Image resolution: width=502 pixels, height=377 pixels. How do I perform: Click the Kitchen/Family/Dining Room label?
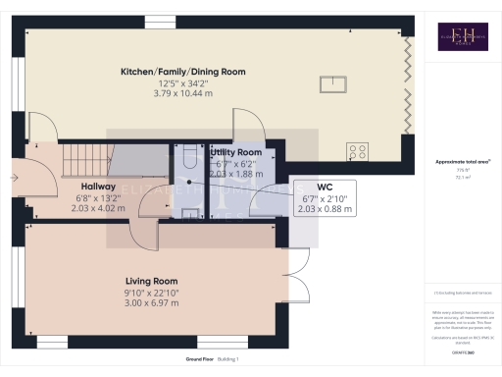tap(182, 72)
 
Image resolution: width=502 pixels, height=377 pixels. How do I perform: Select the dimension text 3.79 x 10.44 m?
tap(182, 92)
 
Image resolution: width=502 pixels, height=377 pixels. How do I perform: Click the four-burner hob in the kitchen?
tap(357, 151)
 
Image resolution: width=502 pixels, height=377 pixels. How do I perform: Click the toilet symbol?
tap(188, 157)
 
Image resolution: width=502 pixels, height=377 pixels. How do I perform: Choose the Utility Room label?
tap(236, 153)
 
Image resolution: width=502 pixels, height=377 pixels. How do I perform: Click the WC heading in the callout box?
tap(326, 187)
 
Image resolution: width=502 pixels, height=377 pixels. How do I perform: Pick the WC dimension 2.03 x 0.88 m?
tap(326, 208)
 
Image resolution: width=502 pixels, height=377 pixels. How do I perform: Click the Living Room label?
tap(151, 280)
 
